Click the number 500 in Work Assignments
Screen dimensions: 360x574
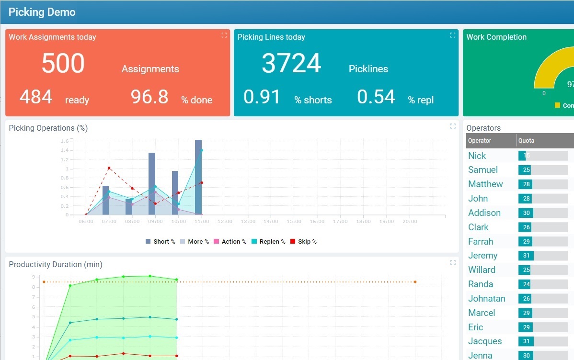[x=63, y=63]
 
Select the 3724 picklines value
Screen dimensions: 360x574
[x=291, y=63]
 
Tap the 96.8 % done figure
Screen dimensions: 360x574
[x=149, y=97]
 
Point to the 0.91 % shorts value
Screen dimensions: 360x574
[x=262, y=97]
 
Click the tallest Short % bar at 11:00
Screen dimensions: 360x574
[x=198, y=177]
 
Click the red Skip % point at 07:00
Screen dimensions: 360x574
[x=109, y=168]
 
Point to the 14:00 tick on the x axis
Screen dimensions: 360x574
[x=271, y=222]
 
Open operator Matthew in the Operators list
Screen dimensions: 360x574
[x=485, y=184]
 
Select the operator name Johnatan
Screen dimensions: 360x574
[x=486, y=299]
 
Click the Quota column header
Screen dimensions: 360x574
[x=526, y=141]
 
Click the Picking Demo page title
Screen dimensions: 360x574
[x=42, y=12]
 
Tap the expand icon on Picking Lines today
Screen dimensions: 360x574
[x=453, y=35]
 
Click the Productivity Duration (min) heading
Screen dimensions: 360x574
[x=56, y=264]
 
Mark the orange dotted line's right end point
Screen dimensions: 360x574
[x=415, y=282]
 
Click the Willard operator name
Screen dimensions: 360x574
[x=482, y=270]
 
